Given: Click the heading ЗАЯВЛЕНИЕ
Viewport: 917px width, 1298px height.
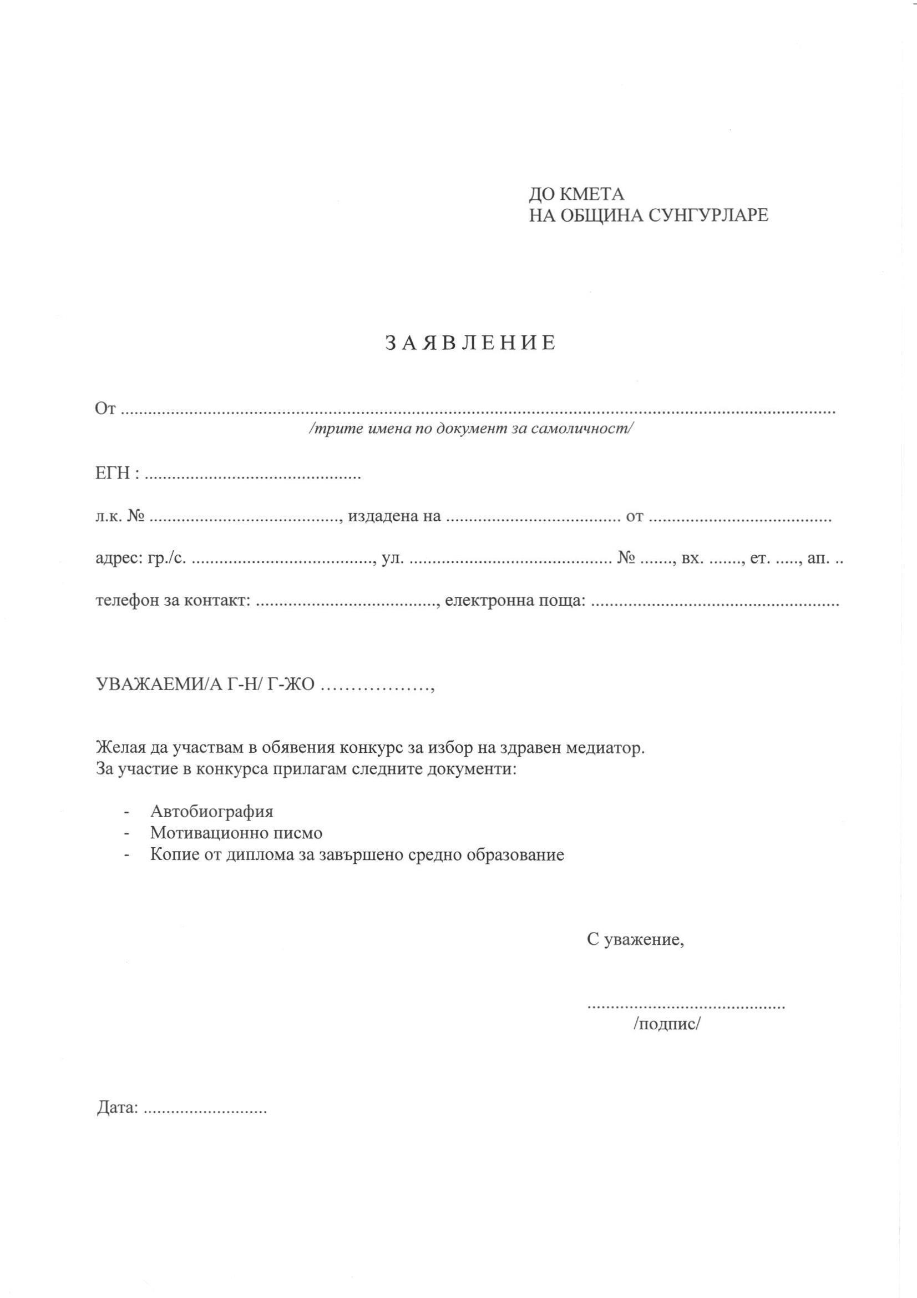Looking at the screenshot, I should tap(470, 343).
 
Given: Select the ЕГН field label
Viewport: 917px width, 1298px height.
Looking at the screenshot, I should tap(114, 473).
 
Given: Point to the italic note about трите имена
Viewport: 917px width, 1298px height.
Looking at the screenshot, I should tap(470, 429).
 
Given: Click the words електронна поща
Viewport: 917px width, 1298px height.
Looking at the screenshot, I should tap(515, 600).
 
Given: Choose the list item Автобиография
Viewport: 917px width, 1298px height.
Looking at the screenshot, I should tap(211, 812).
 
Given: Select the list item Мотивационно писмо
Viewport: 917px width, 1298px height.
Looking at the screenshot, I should tap(236, 833).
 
